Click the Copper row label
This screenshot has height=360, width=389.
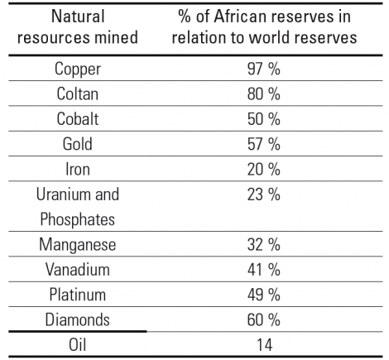78,69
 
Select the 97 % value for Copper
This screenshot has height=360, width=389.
264,69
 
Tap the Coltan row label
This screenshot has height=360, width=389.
78,94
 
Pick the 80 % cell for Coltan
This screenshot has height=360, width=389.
264,94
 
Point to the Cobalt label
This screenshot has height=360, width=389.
78,119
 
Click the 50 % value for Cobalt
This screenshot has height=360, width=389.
264,119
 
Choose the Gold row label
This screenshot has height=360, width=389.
78,144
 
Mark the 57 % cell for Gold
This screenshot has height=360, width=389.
264,144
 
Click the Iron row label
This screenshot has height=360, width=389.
78,169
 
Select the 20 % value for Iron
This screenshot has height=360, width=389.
264,169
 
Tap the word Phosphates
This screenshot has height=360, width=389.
78,220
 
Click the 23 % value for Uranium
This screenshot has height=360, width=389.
264,194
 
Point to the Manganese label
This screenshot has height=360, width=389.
78,245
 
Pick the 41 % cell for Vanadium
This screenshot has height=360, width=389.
264,270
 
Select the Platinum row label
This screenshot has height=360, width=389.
78,295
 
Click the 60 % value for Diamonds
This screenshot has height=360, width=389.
264,319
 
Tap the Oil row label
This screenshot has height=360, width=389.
78,345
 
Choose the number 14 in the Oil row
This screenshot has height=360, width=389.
265,345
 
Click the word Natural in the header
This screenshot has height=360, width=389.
78,17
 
